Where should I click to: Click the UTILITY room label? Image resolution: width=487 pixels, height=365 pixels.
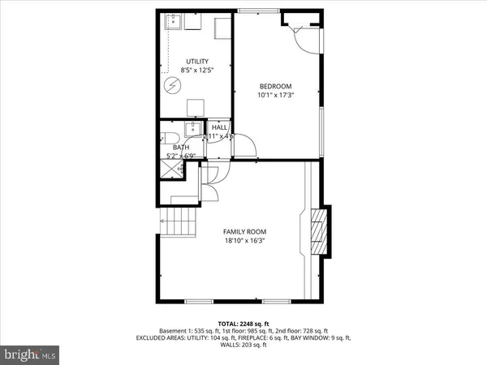pyautogui.click(x=197, y=61)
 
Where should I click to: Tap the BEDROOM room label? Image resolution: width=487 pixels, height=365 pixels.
pyautogui.click(x=275, y=87)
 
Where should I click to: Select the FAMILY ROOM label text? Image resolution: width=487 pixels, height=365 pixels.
pyautogui.click(x=244, y=231)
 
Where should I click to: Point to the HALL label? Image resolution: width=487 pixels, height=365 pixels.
pyautogui.click(x=219, y=127)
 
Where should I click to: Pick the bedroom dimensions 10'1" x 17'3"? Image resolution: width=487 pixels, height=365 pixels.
pyautogui.click(x=275, y=96)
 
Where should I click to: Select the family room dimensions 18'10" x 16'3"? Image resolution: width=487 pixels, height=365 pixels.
pyautogui.click(x=244, y=240)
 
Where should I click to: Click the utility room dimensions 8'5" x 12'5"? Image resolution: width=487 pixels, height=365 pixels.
pyautogui.click(x=197, y=70)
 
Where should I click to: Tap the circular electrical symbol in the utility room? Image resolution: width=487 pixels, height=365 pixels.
pyautogui.click(x=173, y=86)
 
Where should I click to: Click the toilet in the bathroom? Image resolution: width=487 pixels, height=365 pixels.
pyautogui.click(x=166, y=137)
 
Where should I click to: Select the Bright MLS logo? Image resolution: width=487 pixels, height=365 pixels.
pyautogui.click(x=31, y=354)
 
